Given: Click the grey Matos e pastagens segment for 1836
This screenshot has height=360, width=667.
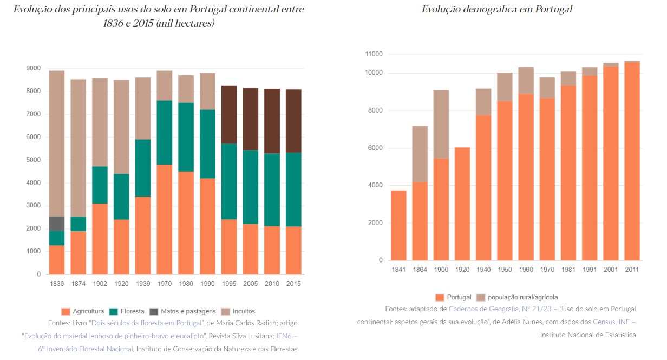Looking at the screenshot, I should click(x=56, y=224).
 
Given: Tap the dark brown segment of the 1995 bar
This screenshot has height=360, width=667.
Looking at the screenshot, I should click(x=229, y=114).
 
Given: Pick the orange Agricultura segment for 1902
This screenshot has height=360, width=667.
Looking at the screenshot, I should click(x=100, y=239).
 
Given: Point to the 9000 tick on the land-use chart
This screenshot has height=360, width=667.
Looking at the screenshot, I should click(x=33, y=68).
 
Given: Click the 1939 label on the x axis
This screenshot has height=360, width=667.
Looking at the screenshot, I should click(x=142, y=284).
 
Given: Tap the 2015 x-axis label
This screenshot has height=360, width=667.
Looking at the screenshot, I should click(x=293, y=284).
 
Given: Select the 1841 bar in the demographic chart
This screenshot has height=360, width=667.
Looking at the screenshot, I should click(x=398, y=225).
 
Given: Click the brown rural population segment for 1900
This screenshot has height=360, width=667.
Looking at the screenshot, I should click(x=441, y=124).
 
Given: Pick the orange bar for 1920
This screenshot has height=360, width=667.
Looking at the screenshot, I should click(x=463, y=204).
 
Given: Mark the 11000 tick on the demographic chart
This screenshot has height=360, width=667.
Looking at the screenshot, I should click(x=374, y=54).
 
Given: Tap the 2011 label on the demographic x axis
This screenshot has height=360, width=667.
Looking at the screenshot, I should click(x=631, y=270).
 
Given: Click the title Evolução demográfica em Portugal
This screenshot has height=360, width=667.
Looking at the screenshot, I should click(x=497, y=9).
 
